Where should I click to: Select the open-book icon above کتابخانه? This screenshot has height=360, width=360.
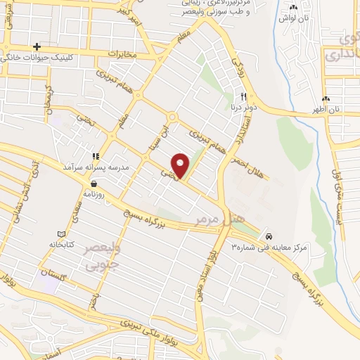tap(61, 233)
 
